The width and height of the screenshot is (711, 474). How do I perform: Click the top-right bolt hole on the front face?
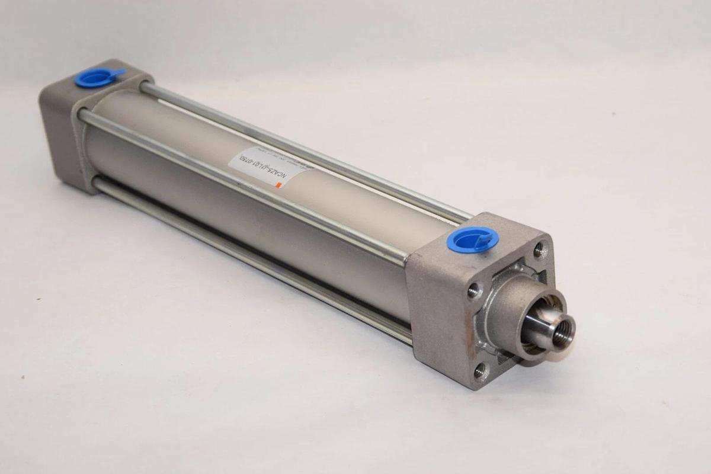[539, 250]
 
